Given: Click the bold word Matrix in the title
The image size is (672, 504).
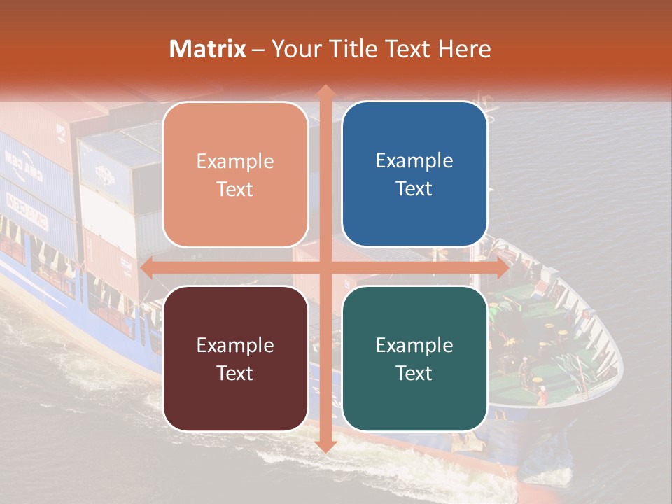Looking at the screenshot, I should [208, 49].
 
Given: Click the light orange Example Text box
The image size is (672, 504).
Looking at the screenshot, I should [235, 174].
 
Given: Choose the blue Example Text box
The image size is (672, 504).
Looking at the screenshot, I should [414, 174].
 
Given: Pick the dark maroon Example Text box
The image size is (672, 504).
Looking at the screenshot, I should [235, 358].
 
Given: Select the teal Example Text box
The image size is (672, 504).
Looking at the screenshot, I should [414, 358].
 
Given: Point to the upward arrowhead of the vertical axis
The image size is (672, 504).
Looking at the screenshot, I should [325, 90].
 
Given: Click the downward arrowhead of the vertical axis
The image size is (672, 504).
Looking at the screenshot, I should [325, 447].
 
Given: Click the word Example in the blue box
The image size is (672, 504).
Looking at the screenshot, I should [414, 161].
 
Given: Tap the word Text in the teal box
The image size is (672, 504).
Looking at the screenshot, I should [414, 373].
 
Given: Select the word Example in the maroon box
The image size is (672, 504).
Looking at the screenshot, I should [235, 345].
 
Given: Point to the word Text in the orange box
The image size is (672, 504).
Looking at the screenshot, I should [235, 189].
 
